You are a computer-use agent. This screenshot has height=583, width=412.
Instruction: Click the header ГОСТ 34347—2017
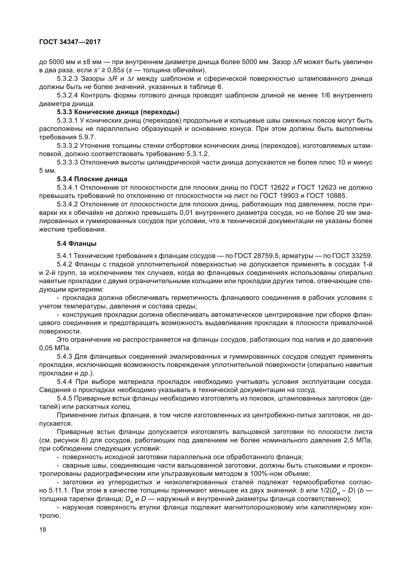click(x=70, y=42)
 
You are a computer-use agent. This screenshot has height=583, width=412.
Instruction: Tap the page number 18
click(x=43, y=530)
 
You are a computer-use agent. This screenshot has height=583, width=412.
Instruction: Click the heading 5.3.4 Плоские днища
click(x=92, y=179)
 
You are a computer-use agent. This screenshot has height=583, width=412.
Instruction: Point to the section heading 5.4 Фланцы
click(x=77, y=244)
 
